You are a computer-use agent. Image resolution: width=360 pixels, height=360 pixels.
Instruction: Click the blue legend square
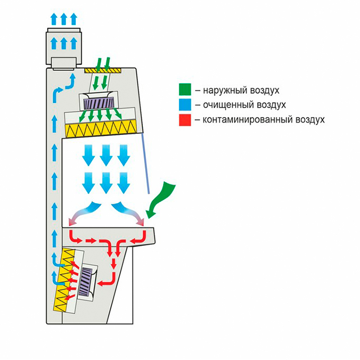pos(184,105)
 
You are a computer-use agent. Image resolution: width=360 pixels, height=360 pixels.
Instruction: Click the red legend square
pos(184,119)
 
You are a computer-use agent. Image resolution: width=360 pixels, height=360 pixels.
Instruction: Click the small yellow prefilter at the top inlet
pos(102,70)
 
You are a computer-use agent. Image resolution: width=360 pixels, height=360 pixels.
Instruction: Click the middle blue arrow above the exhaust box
pos(64,19)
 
